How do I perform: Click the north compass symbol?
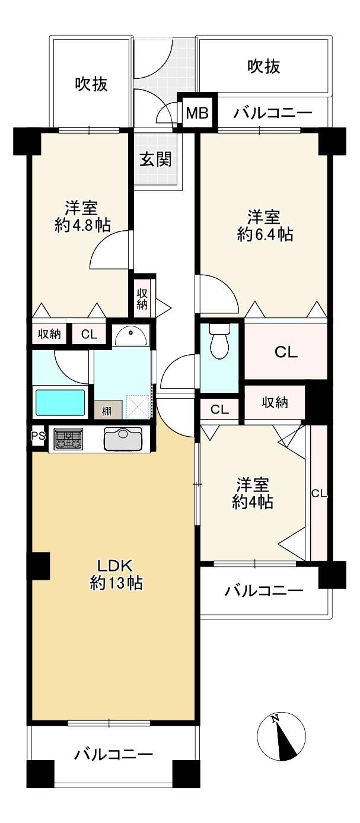[x=283, y=736]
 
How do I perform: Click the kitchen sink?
[x=123, y=440]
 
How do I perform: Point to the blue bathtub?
[x=60, y=402]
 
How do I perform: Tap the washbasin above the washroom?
[x=130, y=336]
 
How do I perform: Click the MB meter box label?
[x=197, y=113]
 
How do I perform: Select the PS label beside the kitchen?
[x=38, y=437]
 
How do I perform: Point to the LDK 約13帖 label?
[x=116, y=574]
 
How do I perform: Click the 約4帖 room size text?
[x=253, y=502]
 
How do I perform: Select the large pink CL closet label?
[x=285, y=352]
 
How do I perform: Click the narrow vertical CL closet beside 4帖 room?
[x=318, y=493]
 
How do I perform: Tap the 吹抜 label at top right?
[x=264, y=66]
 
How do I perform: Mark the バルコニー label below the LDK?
[x=114, y=755]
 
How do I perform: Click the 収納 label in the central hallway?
[x=142, y=298]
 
